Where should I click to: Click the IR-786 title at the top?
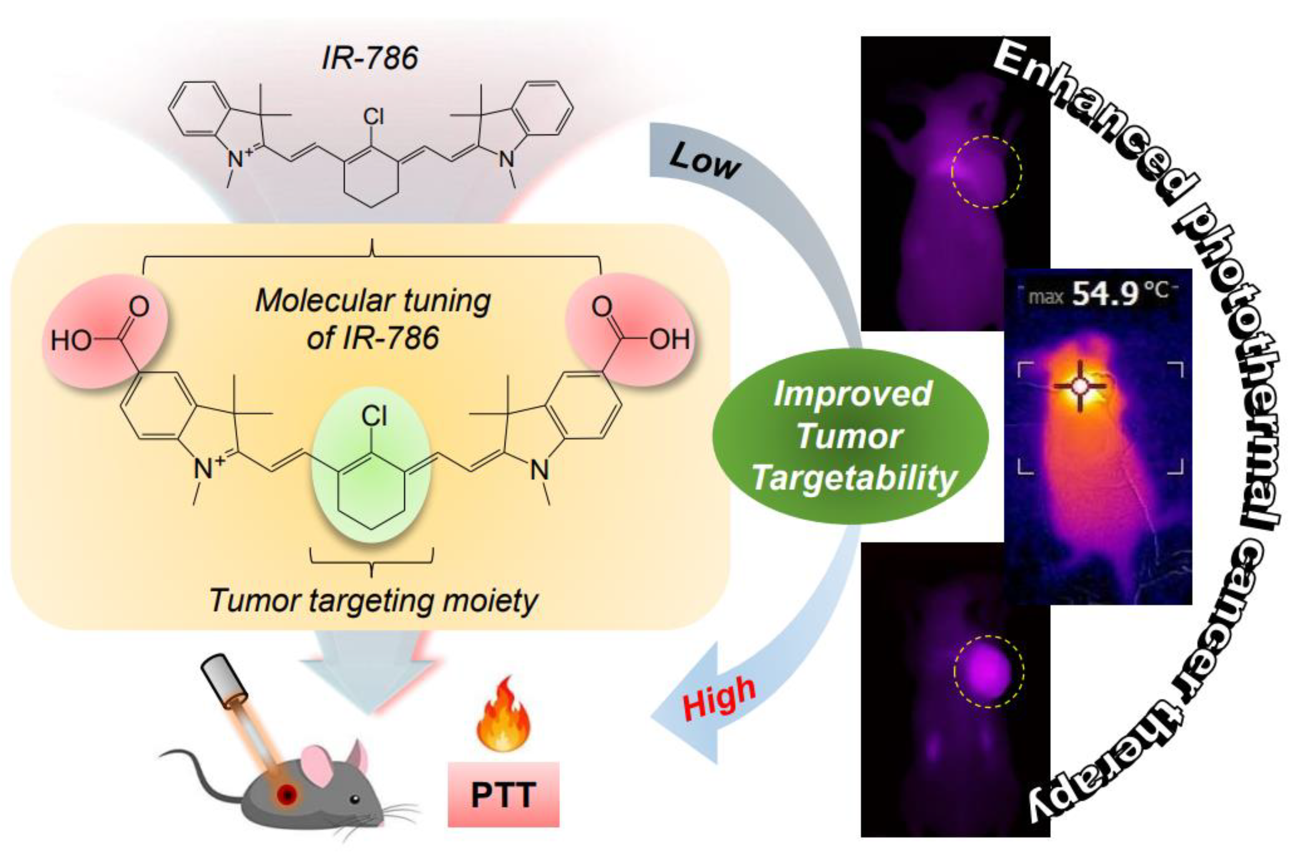tap(370, 58)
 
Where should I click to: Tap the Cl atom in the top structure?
tap(373, 116)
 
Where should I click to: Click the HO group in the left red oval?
tap(71, 341)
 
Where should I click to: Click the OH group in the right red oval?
tap(670, 339)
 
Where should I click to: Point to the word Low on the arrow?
tap(705, 162)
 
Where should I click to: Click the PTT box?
tap(503, 795)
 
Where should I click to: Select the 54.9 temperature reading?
tap(1105, 294)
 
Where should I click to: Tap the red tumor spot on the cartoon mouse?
tap(287, 795)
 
